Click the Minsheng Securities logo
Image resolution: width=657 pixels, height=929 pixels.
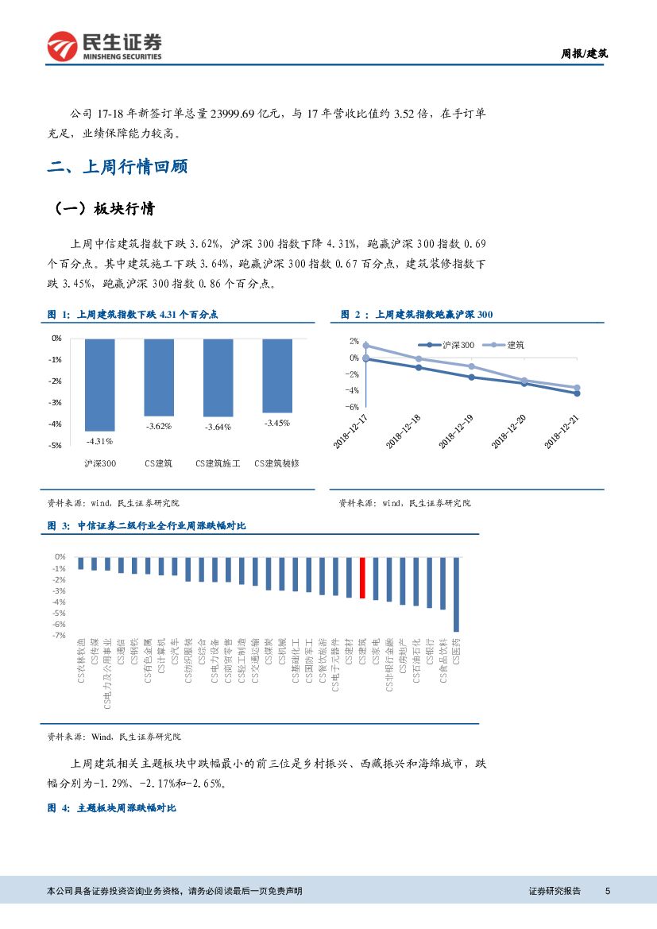[104, 47]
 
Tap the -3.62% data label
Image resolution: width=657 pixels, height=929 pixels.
[159, 427]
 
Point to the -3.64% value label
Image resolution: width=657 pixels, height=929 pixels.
[218, 428]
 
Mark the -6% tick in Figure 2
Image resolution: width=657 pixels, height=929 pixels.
[354, 406]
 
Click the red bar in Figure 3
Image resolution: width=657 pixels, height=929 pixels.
[362, 578]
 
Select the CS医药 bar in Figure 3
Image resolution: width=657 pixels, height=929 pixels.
[456, 594]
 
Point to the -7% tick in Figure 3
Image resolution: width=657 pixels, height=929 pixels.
[60, 636]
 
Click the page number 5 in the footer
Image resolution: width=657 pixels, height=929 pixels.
[608, 891]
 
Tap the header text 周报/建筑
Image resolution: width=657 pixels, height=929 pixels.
[585, 54]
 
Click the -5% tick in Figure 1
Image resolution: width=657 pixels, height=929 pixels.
[56, 446]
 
